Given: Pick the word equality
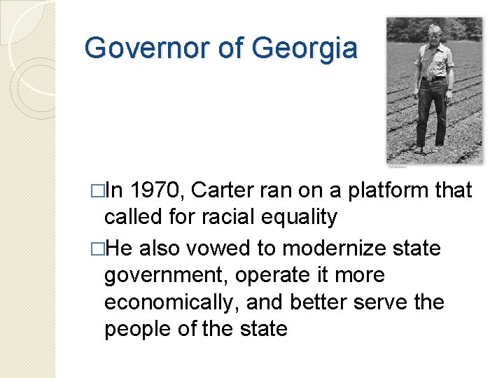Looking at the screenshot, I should click(x=300, y=218).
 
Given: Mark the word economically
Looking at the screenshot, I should click(x=171, y=302).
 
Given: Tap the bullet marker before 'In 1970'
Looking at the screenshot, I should click(x=97, y=191).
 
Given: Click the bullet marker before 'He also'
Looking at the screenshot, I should click(x=97, y=249).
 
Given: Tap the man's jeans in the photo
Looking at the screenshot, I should click(x=432, y=112).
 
